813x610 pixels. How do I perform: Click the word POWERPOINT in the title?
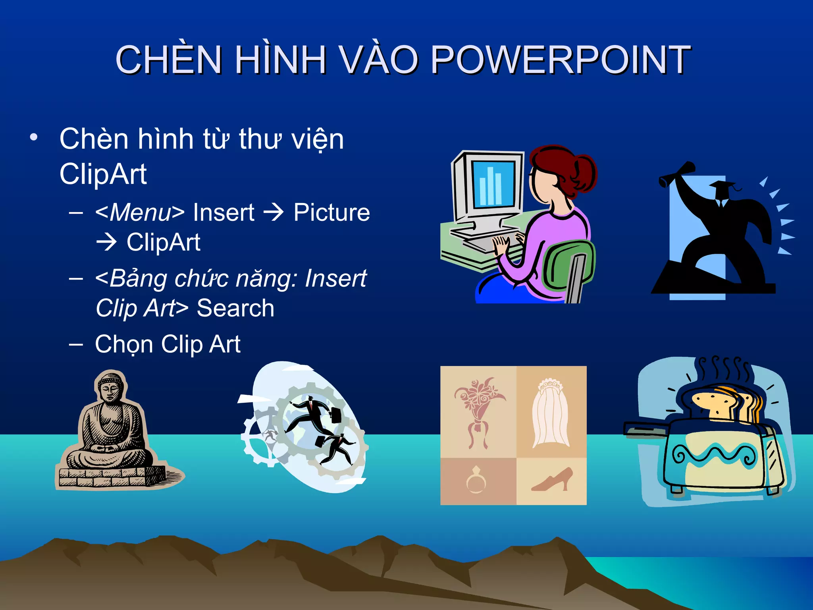(x=561, y=60)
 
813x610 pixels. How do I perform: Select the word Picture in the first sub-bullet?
(x=331, y=212)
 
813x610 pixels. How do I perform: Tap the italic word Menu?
(x=140, y=212)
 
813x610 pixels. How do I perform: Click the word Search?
(x=235, y=308)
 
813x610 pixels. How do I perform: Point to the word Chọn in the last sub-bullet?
(x=124, y=344)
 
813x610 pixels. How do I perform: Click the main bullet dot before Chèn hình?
(x=34, y=137)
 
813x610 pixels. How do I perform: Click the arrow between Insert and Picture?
(x=274, y=212)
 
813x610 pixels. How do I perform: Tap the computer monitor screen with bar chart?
(x=493, y=183)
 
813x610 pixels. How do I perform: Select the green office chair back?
(x=568, y=264)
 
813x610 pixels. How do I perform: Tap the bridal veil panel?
(x=551, y=413)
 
